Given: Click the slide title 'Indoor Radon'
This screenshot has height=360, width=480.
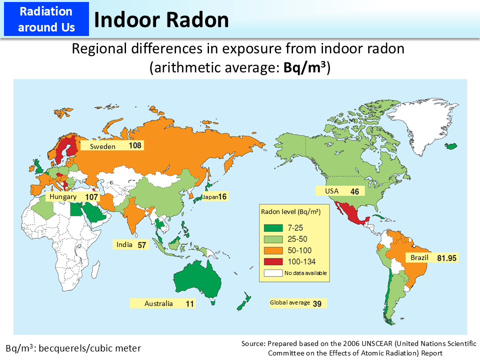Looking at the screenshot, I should (x=161, y=19).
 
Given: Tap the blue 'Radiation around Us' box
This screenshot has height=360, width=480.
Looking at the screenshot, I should (x=45, y=19).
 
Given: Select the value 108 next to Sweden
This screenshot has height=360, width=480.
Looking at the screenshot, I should (x=135, y=146).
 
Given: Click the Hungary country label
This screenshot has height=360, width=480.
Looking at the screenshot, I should (x=63, y=197).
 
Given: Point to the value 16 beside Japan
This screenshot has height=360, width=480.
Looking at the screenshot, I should (x=222, y=197).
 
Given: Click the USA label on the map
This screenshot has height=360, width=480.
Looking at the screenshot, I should (x=332, y=191).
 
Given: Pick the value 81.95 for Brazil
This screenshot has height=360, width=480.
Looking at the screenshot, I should (x=447, y=258).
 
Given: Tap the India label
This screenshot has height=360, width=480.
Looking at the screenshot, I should (x=124, y=245).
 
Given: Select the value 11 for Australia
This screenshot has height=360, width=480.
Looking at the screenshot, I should (x=189, y=303).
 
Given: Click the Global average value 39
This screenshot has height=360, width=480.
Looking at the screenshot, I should (x=317, y=303).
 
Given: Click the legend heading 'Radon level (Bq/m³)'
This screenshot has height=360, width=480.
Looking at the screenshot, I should (x=290, y=211).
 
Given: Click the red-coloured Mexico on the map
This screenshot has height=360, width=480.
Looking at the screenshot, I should (x=350, y=212).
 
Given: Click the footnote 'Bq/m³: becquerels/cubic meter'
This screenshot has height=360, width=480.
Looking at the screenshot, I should (x=73, y=348).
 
